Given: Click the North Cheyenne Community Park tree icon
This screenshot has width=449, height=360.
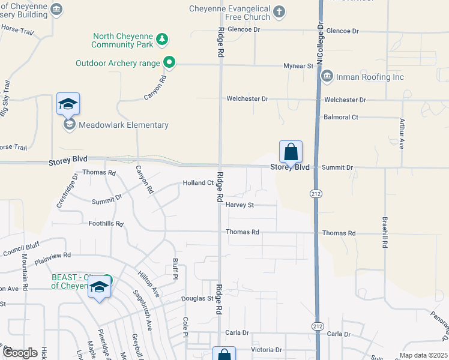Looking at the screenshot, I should point(161,40).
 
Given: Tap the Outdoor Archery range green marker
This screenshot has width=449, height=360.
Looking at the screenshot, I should point(169,62).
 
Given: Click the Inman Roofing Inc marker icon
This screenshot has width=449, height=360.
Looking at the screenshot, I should point(327,76).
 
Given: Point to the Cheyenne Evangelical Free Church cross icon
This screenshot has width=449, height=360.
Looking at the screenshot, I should point(279,11).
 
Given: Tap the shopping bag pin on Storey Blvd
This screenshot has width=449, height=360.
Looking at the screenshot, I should point(291,152).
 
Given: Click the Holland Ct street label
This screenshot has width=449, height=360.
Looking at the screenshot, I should point(198,183).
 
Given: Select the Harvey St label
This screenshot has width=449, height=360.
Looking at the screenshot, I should point(240,205).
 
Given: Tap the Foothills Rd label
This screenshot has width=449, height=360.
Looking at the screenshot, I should point(106,224).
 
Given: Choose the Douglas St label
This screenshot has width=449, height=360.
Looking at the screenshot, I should point(197,298).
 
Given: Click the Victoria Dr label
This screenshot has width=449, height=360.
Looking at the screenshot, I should point(266,349).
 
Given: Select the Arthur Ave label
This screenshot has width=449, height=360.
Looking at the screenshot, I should point(403,129).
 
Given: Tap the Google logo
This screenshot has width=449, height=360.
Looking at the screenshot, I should point(20,353).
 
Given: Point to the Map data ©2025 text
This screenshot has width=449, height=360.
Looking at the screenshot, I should point(423,355).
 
